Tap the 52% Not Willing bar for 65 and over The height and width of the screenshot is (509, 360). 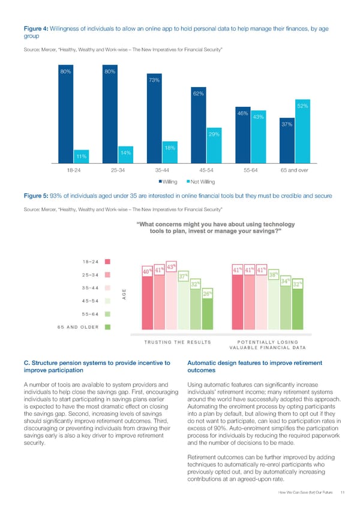point(303,132)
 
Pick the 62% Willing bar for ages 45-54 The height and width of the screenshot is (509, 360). point(198,126)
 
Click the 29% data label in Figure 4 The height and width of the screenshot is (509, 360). point(214,134)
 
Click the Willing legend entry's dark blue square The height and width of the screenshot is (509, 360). point(160,181)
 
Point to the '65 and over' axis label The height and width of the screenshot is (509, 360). point(294,170)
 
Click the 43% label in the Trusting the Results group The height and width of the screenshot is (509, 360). point(171,267)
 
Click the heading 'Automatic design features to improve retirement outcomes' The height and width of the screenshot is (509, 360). point(255,366)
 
